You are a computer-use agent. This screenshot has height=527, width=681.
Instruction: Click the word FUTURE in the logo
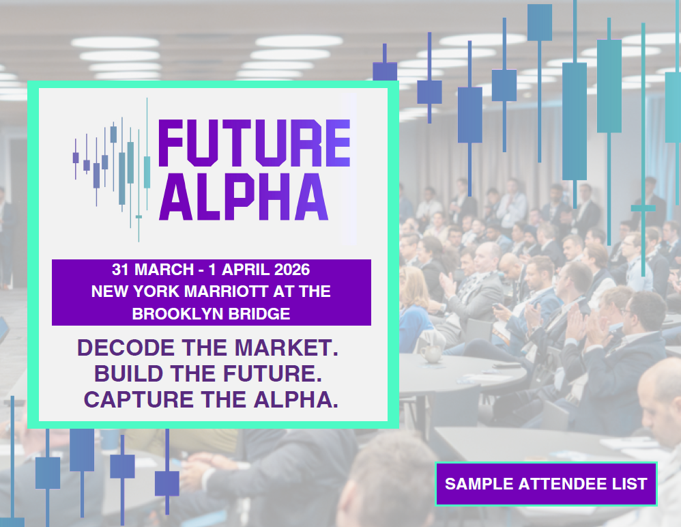[254, 143]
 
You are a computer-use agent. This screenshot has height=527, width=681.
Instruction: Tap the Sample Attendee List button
[546, 483]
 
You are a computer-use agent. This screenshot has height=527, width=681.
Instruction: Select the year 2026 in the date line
[292, 270]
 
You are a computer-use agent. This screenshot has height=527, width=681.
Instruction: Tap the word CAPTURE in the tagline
[139, 399]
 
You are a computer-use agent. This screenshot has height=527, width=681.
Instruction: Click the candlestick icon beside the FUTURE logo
[112, 169]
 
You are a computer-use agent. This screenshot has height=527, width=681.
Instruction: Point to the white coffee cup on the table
[431, 353]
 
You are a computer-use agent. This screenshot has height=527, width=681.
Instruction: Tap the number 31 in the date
[120, 270]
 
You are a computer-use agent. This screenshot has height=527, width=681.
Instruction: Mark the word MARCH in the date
[164, 270]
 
